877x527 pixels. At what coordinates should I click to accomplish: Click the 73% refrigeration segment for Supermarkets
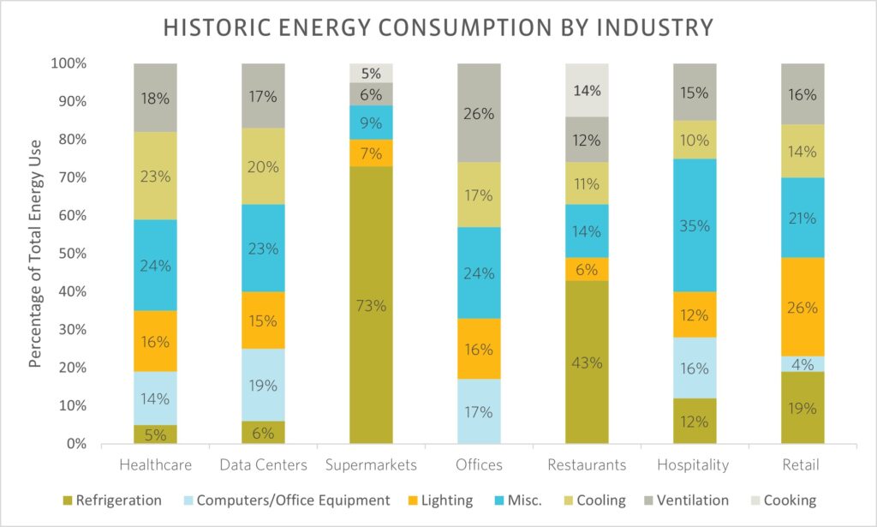click(371, 304)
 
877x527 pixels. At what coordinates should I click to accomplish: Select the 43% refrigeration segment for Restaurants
click(588, 362)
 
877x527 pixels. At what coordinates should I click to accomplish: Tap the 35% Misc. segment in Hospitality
click(695, 225)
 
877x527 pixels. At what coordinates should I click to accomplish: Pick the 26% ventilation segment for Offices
click(480, 112)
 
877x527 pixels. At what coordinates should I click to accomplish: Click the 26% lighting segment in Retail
click(802, 308)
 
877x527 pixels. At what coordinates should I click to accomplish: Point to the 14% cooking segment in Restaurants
click(588, 90)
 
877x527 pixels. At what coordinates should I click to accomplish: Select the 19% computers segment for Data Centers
click(263, 385)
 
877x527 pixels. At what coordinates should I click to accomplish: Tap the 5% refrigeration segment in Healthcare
click(155, 434)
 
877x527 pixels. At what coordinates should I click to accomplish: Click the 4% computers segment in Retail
click(802, 363)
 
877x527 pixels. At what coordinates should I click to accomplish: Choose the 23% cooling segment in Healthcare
click(155, 176)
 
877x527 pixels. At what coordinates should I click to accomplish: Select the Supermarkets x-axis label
click(371, 465)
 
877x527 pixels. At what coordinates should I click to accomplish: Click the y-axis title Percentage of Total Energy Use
click(35, 254)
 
